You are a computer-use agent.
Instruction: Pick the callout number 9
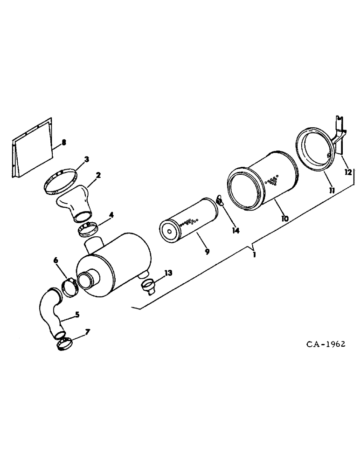pyautogui.click(x=207, y=251)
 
